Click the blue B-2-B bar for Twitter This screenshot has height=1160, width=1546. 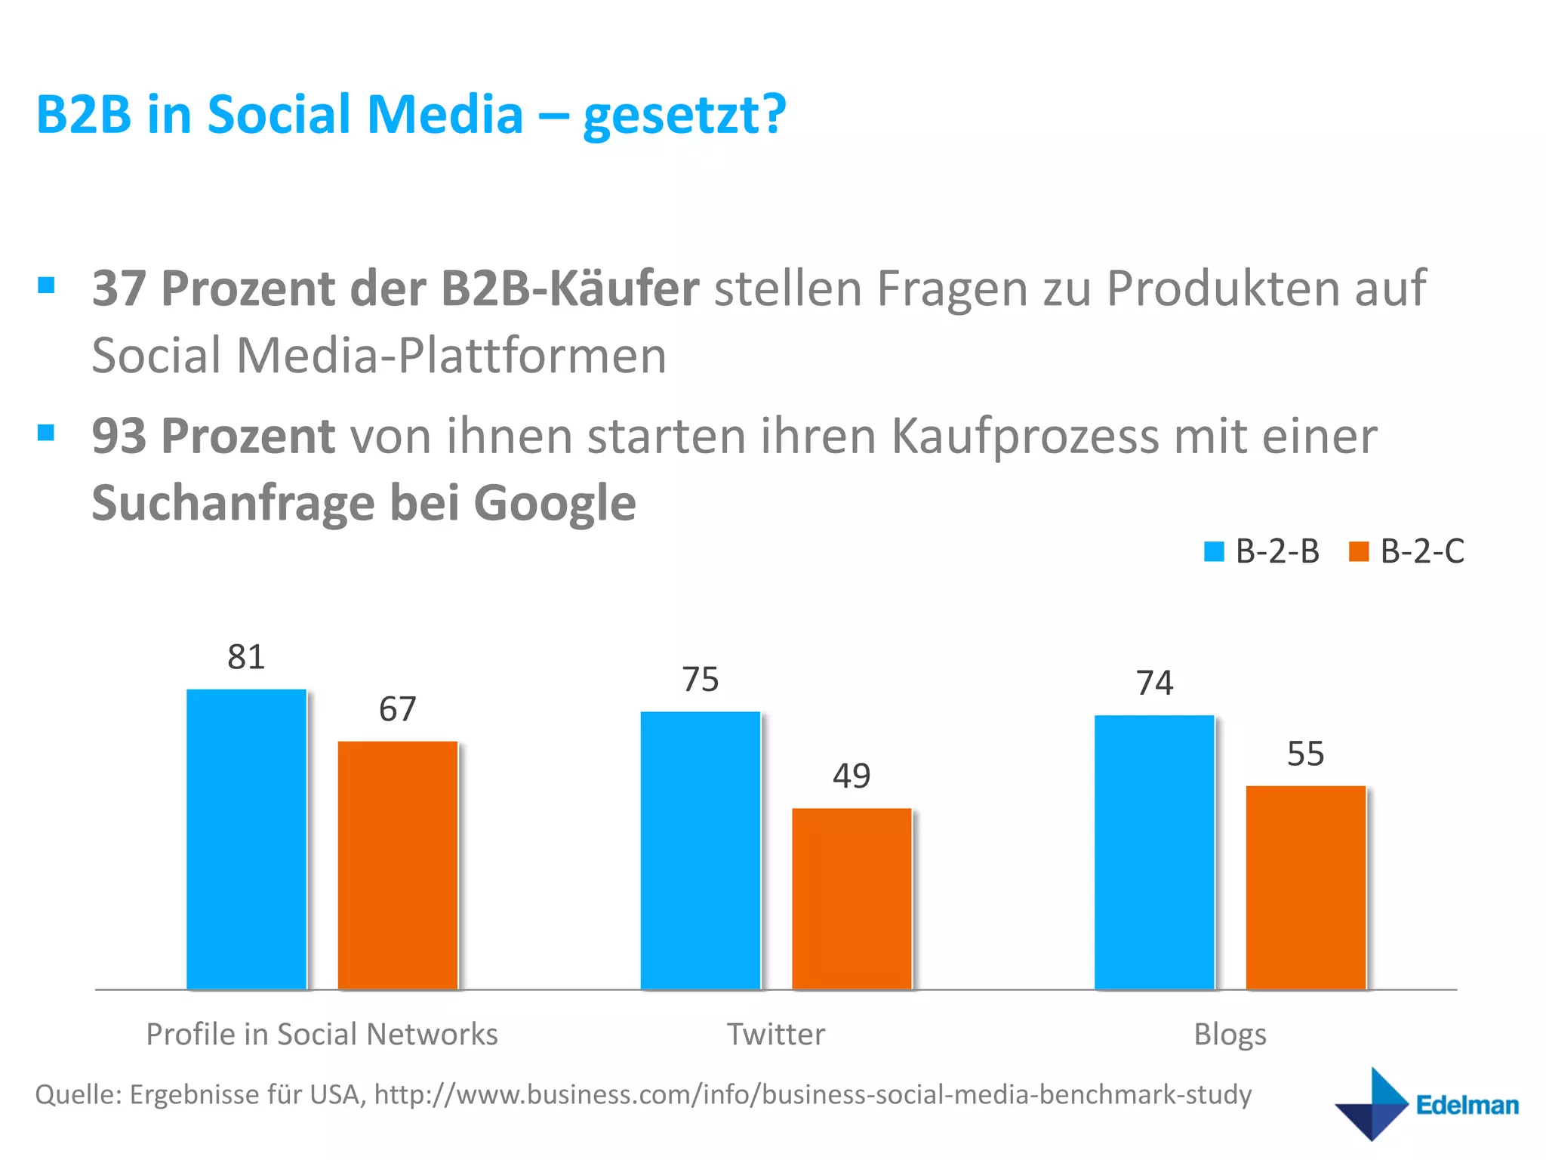pyautogui.click(x=700, y=850)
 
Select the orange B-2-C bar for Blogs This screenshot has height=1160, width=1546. pyautogui.click(x=1305, y=887)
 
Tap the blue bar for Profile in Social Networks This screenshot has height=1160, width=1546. pyautogui.click(x=246, y=838)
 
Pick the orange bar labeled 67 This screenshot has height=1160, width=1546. pyautogui.click(x=397, y=865)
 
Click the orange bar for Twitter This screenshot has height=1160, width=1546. pyautogui.click(x=852, y=899)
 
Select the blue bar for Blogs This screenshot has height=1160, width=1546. pyautogui.click(x=1154, y=852)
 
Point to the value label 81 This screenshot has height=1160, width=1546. pyautogui.click(x=246, y=657)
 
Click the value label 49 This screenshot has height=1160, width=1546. pyautogui.click(x=852, y=776)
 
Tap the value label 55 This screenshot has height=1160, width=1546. pyautogui.click(x=1305, y=754)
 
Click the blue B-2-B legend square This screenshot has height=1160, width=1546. pyautogui.click(x=1214, y=551)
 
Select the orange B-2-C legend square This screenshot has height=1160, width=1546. pyautogui.click(x=1358, y=551)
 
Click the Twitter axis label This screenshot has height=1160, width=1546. pyautogui.click(x=776, y=1034)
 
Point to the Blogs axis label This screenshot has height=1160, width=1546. pyautogui.click(x=1230, y=1034)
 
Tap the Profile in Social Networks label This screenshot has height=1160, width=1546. pyautogui.click(x=322, y=1034)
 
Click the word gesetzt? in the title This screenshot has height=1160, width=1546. pyautogui.click(x=685, y=115)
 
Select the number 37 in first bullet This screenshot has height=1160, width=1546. pyautogui.click(x=119, y=288)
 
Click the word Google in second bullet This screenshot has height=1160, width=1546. pyautogui.click(x=555, y=503)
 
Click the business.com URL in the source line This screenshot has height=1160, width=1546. pyautogui.click(x=812, y=1094)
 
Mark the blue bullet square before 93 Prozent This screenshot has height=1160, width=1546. pyautogui.click(x=46, y=432)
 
